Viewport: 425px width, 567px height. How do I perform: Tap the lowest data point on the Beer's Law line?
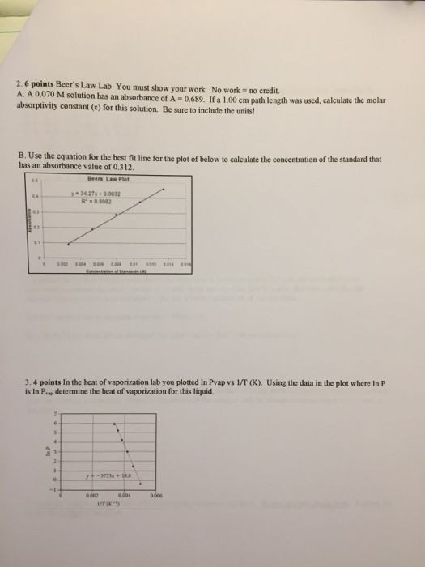[67, 243]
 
